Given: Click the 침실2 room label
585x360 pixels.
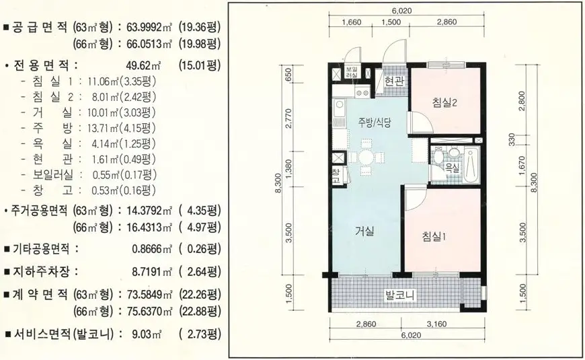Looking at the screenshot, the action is (444, 102).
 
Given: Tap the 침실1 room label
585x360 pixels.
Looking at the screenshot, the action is (434, 236).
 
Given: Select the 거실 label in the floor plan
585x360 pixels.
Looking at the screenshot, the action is (364, 231).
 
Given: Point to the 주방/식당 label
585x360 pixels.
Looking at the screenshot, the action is (375, 122).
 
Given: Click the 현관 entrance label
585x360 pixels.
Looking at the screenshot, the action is (394, 81).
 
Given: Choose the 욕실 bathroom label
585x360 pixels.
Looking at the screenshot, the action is (453, 167).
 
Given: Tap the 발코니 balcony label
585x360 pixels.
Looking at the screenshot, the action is (400, 295).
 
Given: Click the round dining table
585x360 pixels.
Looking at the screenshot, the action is (366, 157).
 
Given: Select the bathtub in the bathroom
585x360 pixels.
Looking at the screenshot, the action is (471, 165).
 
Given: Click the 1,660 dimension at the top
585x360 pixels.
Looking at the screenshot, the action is (352, 22).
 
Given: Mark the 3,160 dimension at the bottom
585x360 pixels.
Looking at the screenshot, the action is (436, 324).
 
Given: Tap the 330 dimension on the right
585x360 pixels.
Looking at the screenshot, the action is (512, 139).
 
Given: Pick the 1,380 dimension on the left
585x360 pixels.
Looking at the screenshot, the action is (288, 168).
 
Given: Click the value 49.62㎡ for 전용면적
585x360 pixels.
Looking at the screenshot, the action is (144, 66).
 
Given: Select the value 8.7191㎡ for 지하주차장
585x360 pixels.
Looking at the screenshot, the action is (152, 271).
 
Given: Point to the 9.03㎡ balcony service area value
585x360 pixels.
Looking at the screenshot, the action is (147, 334).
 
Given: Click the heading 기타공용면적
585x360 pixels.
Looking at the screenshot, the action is (41, 249).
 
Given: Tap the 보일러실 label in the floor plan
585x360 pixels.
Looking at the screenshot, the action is (351, 72).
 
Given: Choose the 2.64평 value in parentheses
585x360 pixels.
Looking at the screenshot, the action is (200, 271).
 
